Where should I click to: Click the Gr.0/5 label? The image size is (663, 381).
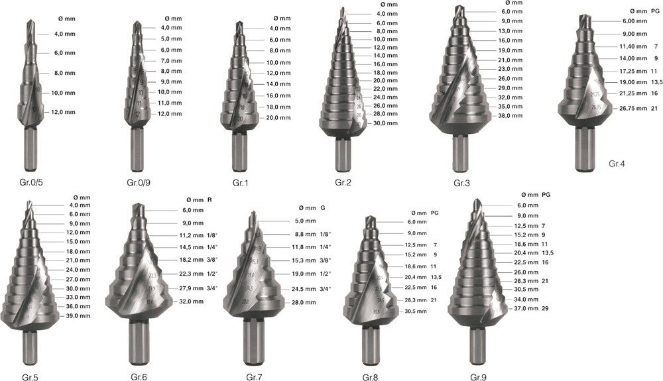click(x=31, y=182)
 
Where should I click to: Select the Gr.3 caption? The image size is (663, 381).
click(x=461, y=183)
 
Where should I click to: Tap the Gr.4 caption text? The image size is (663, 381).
click(x=617, y=164)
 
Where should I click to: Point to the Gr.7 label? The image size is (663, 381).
click(x=254, y=377)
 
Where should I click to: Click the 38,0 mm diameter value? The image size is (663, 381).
click(x=511, y=115)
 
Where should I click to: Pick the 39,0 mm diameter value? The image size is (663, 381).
click(x=78, y=315)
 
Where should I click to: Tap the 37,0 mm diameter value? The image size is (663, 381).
click(x=526, y=308)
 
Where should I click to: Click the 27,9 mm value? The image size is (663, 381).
click(x=191, y=288)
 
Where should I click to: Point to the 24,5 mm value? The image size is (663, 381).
click(x=304, y=289)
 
